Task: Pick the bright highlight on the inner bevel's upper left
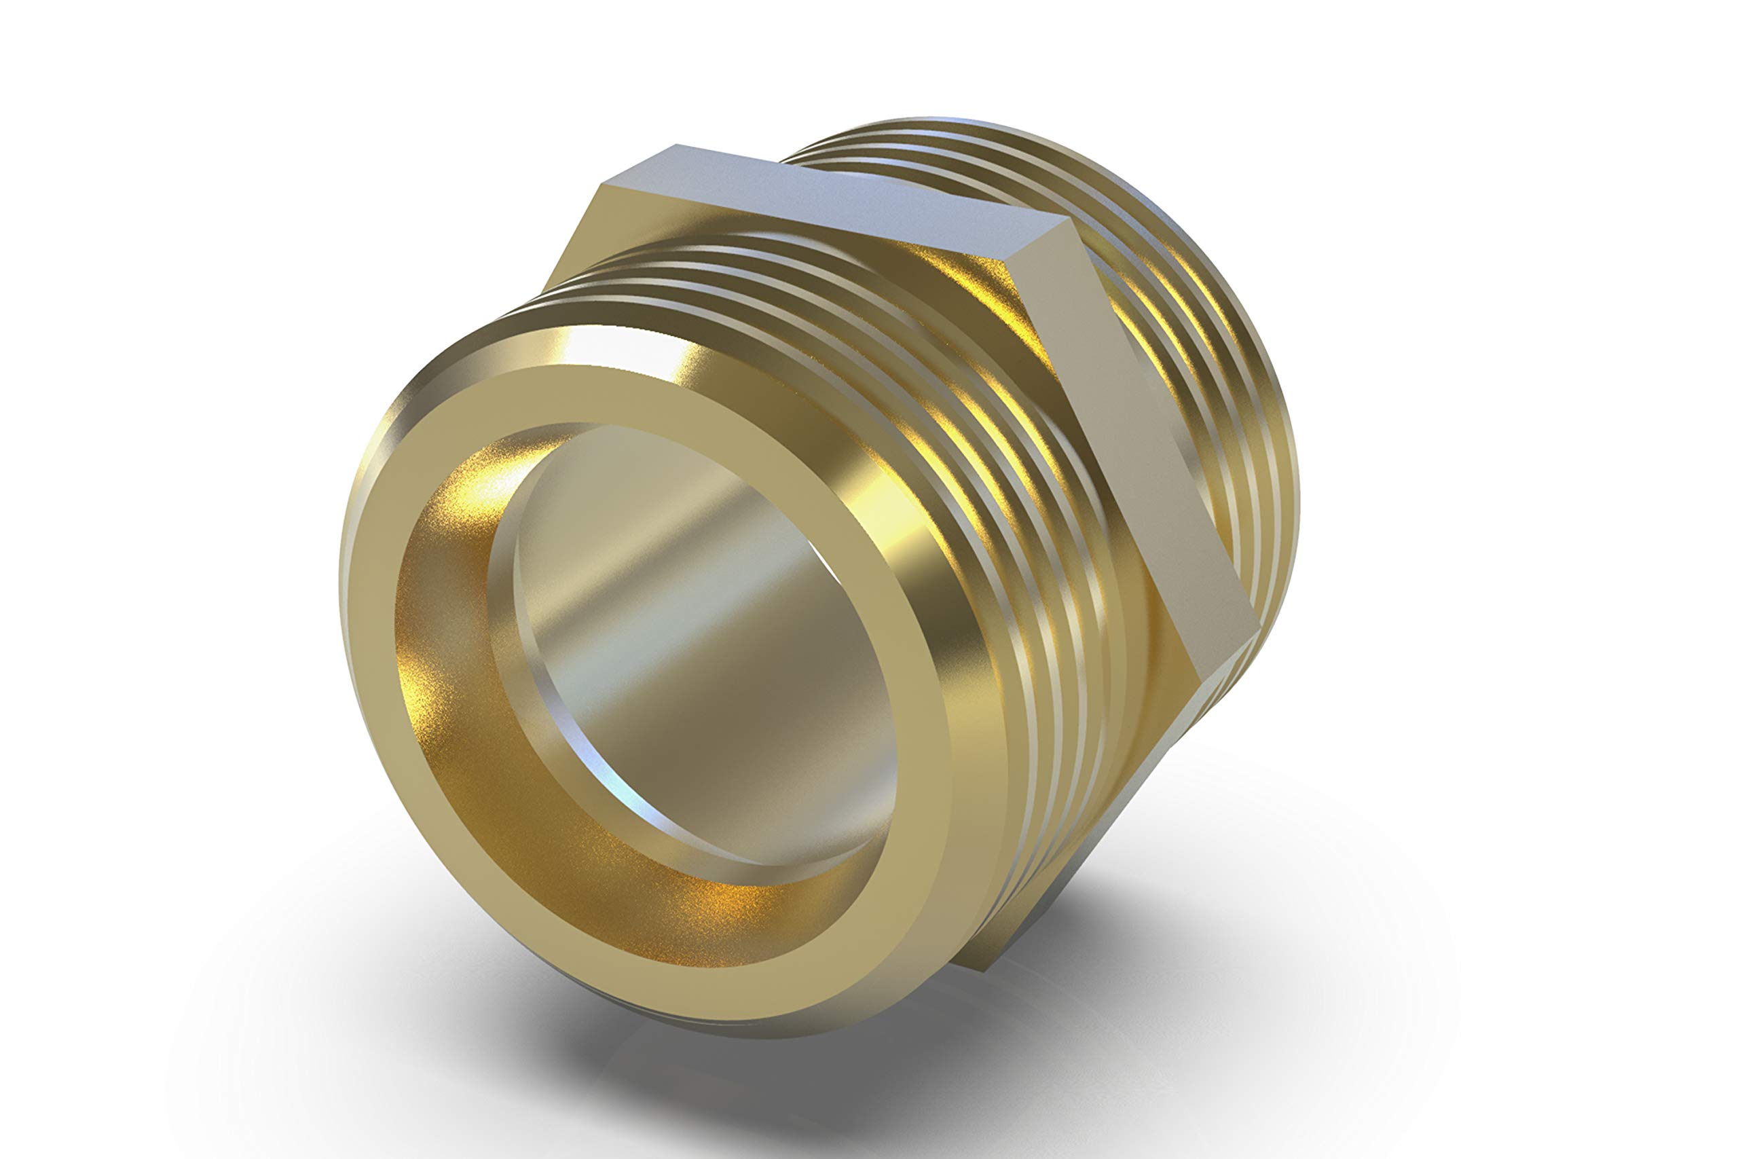[480, 481]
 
